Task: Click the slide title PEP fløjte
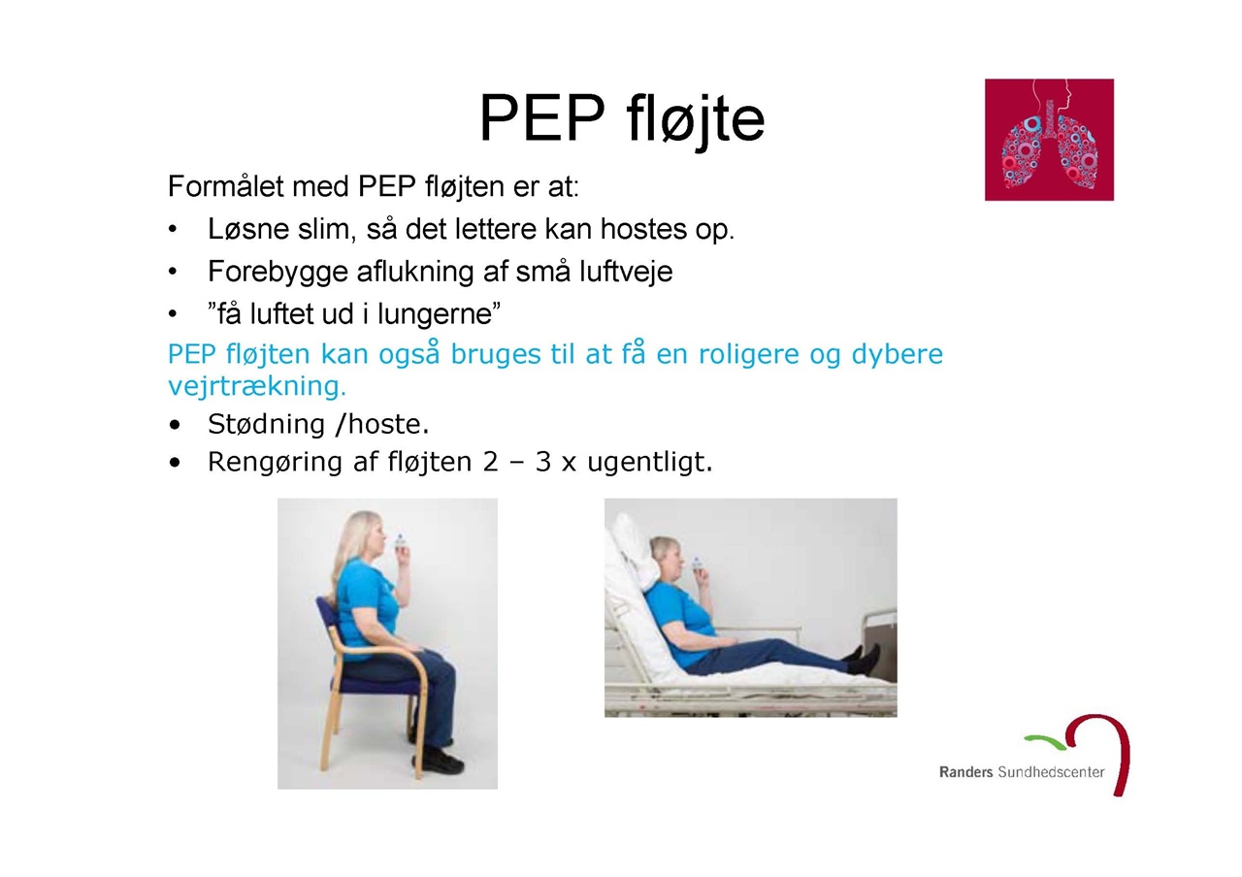(x=622, y=119)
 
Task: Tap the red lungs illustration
(x=1049, y=140)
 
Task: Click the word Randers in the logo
(x=965, y=772)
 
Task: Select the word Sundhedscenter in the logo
(x=1051, y=772)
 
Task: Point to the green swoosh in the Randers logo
(x=1045, y=741)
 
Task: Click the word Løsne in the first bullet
(x=247, y=228)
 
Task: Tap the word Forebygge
(x=278, y=273)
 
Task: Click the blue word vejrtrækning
(x=257, y=386)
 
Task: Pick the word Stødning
(x=266, y=425)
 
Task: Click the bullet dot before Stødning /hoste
(x=176, y=426)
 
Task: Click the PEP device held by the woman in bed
(x=697, y=564)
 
